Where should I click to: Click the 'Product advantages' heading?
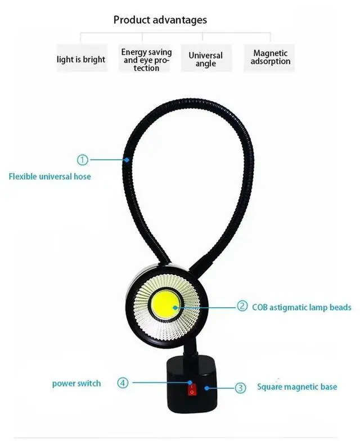pyautogui.click(x=160, y=20)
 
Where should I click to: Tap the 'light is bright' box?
pyautogui.click(x=81, y=59)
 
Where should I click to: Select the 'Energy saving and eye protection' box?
pyautogui.click(x=146, y=59)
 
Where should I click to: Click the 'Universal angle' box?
pyautogui.click(x=205, y=59)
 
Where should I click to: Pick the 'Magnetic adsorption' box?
pyautogui.click(x=271, y=57)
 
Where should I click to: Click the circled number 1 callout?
pyautogui.click(x=83, y=160)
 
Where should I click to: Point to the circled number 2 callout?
pyautogui.click(x=242, y=307)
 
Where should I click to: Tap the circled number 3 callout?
pyautogui.click(x=240, y=387)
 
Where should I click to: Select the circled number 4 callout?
pyautogui.click(x=123, y=383)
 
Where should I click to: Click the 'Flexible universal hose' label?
pyautogui.click(x=49, y=176)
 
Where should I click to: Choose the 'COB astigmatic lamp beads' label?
pyautogui.click(x=302, y=307)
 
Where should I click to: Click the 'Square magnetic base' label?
pyautogui.click(x=297, y=387)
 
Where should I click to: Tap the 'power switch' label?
pyautogui.click(x=76, y=384)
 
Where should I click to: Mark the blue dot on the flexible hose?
pyautogui.click(x=129, y=160)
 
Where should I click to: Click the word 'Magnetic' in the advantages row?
pyautogui.click(x=271, y=53)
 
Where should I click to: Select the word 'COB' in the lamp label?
pyautogui.click(x=261, y=307)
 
